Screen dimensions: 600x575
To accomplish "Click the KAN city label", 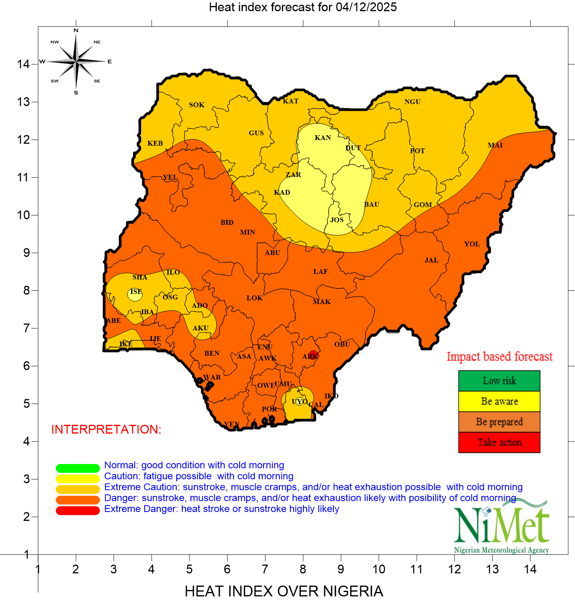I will tap(323, 138).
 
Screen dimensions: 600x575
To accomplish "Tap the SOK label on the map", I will tap(197, 105).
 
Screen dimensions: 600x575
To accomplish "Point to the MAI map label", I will tap(495, 145).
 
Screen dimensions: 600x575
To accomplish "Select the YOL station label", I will tap(472, 244).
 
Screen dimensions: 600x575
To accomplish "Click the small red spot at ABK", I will tap(313, 355).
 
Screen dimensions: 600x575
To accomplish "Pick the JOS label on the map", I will tap(337, 220).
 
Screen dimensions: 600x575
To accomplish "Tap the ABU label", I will tap(272, 253).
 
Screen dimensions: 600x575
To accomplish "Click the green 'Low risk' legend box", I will tap(499, 381).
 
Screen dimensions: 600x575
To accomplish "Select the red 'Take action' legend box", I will tap(499, 442).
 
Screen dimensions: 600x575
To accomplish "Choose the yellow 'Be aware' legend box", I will tap(499, 401).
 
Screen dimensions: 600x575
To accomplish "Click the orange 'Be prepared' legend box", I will tap(499, 422).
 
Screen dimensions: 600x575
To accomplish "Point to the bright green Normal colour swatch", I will tap(78, 468).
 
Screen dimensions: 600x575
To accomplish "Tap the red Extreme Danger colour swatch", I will tap(78, 511).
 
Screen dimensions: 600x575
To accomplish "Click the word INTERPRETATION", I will tap(106, 429).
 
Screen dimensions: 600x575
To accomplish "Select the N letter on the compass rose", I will tap(76, 30).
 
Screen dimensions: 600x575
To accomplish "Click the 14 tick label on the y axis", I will tap(23, 64).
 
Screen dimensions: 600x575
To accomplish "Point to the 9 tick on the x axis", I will tap(341, 569).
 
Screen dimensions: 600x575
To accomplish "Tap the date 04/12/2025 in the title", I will tap(366, 7).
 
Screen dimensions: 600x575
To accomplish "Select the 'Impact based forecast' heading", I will tap(499, 356).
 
